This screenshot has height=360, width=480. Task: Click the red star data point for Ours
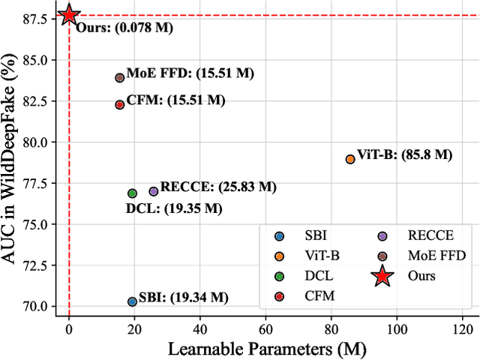tap(69, 14)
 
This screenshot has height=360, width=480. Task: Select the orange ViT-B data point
tap(350, 158)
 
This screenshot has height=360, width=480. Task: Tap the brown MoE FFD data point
tap(119, 77)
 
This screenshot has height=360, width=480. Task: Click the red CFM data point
tap(119, 104)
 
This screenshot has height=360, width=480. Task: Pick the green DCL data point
tap(133, 193)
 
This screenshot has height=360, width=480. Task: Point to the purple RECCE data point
tap(154, 191)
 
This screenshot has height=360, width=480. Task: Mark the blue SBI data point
tap(133, 301)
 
